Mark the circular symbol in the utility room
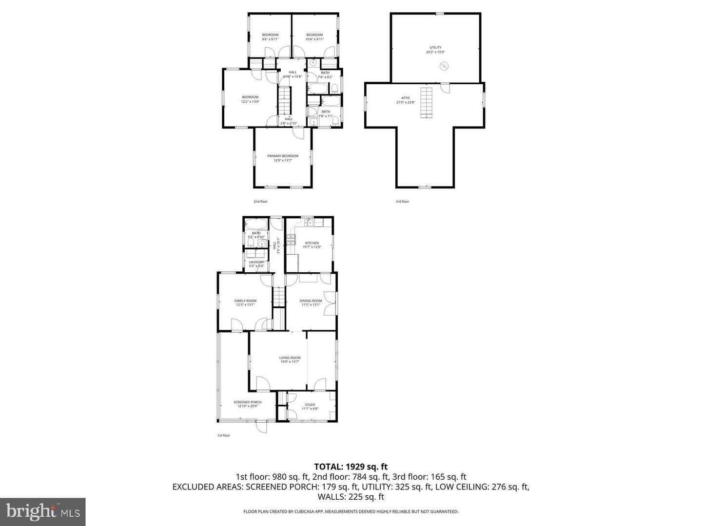(x=444, y=66)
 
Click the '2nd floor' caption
(x=260, y=202)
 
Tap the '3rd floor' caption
(x=402, y=202)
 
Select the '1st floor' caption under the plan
(x=223, y=435)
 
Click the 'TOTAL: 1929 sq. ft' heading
(x=351, y=467)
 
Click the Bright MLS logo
(x=43, y=511)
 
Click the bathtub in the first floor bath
(x=256, y=225)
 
